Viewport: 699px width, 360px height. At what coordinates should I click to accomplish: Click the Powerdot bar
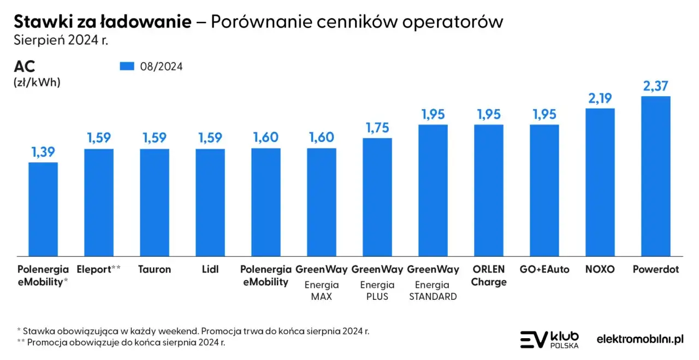pos(655,176)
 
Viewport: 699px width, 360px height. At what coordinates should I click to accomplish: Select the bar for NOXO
pos(600,182)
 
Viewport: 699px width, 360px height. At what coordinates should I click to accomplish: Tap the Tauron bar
pos(155,202)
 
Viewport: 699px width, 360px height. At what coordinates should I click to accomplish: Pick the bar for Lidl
pos(210,202)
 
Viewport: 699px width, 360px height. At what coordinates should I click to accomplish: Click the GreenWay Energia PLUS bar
pos(377,197)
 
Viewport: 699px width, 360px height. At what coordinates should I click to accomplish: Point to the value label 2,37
pos(655,86)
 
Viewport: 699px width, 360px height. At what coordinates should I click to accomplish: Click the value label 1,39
pos(43,152)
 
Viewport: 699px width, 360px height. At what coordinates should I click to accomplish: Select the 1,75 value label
pos(377,127)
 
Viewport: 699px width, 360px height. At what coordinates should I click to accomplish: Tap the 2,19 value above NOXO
pos(600,98)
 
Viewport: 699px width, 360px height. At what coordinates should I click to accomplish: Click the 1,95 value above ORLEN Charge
pos(489,114)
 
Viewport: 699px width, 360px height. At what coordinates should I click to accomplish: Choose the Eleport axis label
pos(99,269)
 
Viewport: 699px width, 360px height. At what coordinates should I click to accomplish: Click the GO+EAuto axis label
pos(544,269)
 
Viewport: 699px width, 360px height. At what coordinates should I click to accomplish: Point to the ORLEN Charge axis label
pos(489,275)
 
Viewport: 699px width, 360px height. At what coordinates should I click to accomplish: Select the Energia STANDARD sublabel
pos(433,291)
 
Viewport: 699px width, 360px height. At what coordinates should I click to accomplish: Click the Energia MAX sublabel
pos(322,291)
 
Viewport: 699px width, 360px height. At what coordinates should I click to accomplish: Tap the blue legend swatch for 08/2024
pos(127,66)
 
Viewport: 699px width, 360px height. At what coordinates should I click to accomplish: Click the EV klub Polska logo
pos(549,339)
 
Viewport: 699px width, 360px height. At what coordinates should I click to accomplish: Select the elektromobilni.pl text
pos(640,339)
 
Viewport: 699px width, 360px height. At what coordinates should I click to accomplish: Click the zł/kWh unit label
pos(37,82)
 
